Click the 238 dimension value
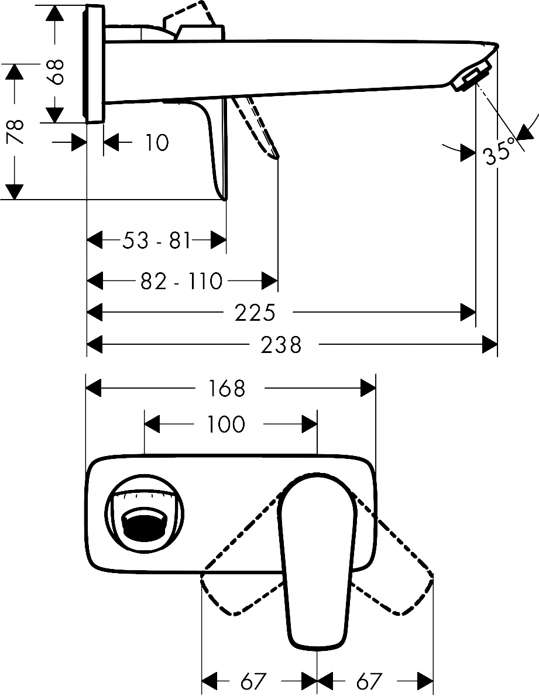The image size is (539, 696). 281,345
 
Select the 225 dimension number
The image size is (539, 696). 255,313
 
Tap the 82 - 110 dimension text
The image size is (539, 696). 181,282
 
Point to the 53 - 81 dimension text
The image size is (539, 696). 157,240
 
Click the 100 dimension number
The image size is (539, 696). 226,424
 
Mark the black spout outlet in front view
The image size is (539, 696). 143,526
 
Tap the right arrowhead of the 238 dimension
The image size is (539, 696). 490,345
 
